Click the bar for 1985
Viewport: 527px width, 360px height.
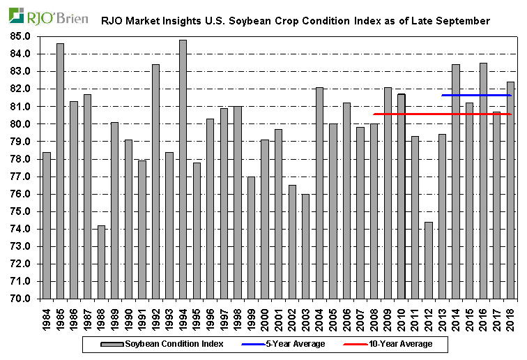click(60, 171)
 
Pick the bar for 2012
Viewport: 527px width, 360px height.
click(429, 260)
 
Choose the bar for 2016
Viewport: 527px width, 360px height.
click(483, 181)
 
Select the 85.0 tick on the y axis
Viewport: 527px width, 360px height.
click(19, 36)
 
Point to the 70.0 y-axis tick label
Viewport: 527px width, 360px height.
click(19, 299)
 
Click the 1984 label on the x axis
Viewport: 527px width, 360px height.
click(47, 317)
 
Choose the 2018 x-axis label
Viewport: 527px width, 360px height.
click(511, 317)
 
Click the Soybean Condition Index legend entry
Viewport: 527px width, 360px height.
click(164, 344)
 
